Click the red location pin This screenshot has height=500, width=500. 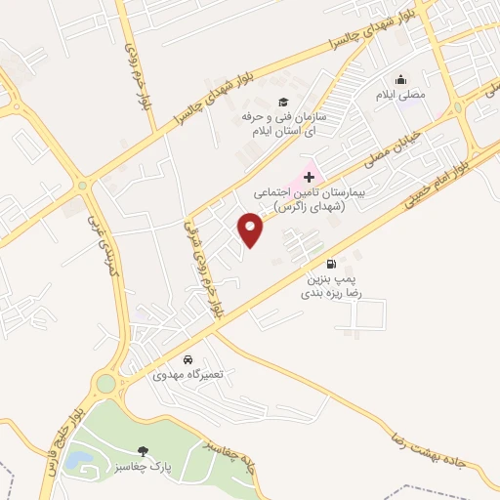(x=251, y=229)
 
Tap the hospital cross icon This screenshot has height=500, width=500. (x=310, y=177)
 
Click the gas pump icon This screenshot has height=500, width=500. (x=333, y=263)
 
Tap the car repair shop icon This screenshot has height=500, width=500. (x=187, y=358)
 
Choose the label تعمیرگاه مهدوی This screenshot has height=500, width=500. (x=187, y=374)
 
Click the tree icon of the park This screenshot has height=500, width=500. (x=144, y=450)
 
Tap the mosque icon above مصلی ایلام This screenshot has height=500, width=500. (x=399, y=80)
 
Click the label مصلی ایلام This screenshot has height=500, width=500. (x=400, y=96)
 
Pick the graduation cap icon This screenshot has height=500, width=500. (x=283, y=103)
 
